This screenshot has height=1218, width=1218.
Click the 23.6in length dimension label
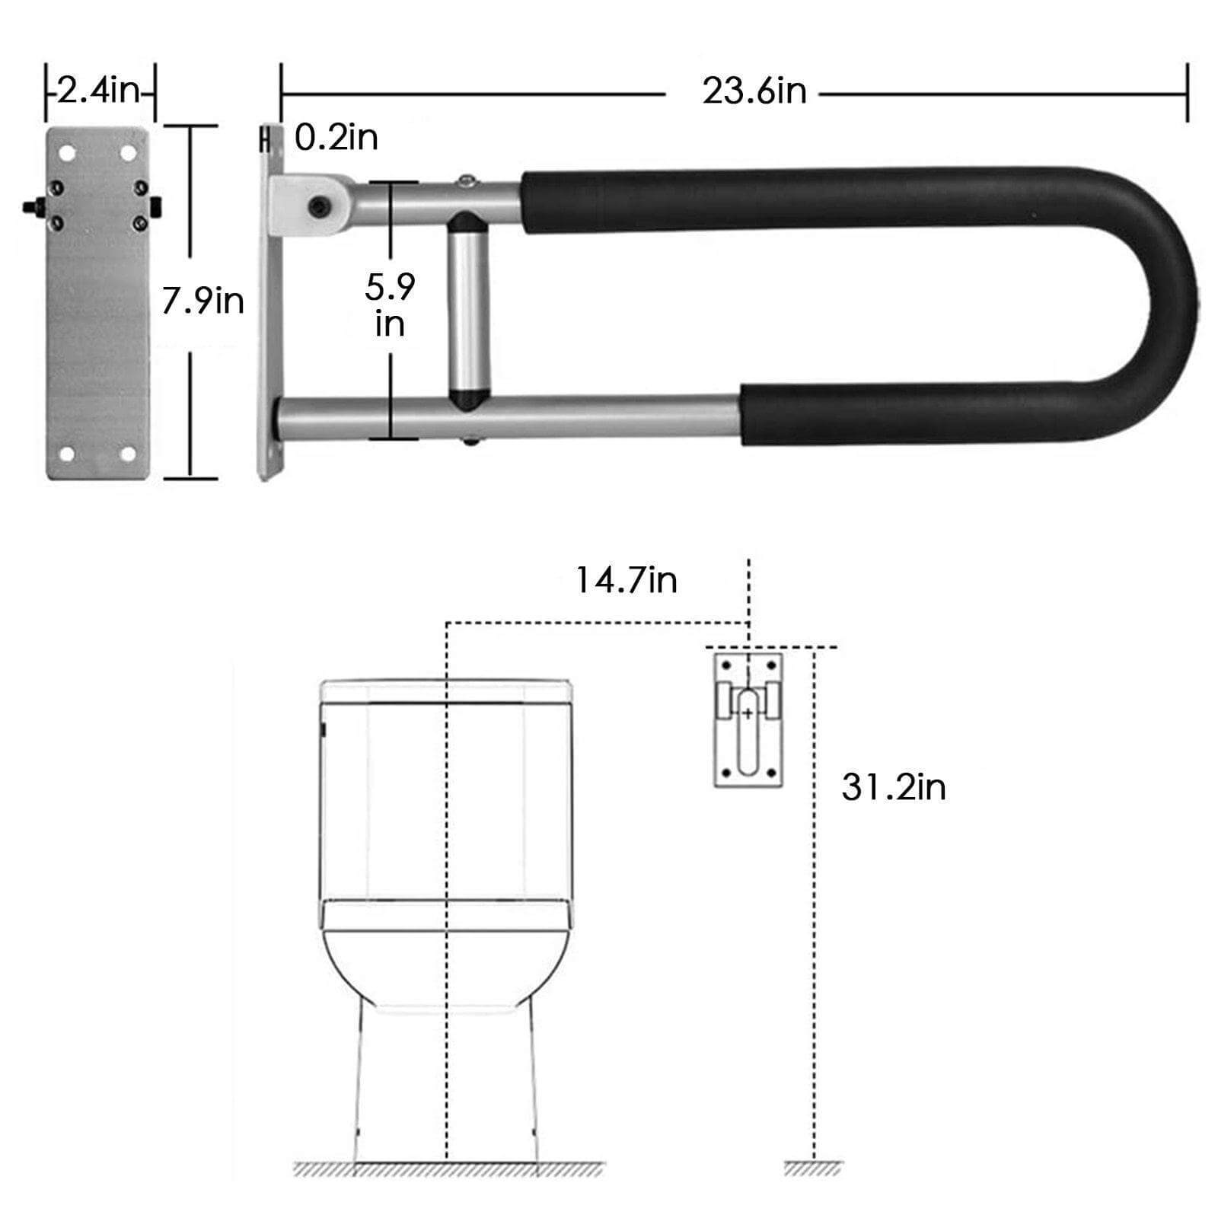(754, 92)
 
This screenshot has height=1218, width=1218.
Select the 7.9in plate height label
(202, 301)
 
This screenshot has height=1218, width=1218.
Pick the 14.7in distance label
(626, 580)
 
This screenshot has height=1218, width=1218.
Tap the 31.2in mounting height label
(894, 786)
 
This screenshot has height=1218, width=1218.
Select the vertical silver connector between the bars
(467, 313)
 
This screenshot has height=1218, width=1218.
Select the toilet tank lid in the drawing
(446, 690)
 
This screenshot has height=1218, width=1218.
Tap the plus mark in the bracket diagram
(748, 713)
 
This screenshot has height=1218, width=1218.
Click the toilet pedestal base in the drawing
(446, 1096)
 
